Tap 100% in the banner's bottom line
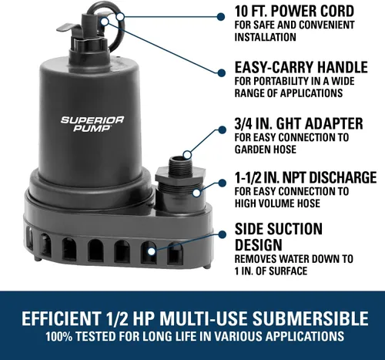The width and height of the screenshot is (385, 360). [59, 336]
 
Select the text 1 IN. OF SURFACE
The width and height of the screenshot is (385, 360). [270, 271]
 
